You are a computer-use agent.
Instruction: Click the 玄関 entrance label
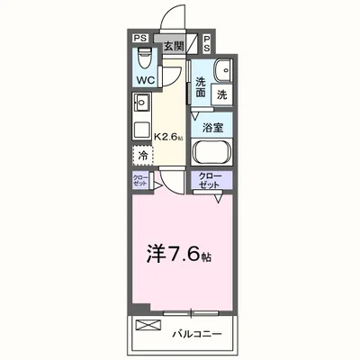(x=173, y=47)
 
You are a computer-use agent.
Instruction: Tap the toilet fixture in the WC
(x=145, y=58)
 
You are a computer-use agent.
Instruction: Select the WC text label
(x=146, y=80)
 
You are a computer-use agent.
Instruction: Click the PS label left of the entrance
(x=140, y=38)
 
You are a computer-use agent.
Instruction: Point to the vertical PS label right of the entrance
(x=207, y=44)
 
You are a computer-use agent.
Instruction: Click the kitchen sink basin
(x=141, y=103)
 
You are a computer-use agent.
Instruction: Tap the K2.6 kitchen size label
(x=168, y=137)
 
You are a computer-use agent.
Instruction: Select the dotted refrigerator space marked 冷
(x=143, y=156)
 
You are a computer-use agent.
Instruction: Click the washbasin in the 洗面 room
(x=223, y=71)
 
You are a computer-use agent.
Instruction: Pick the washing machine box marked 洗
(x=222, y=94)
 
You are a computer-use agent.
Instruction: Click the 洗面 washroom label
(x=201, y=87)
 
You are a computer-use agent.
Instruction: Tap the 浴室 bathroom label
(x=212, y=128)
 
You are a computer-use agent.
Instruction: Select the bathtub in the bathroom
(x=211, y=152)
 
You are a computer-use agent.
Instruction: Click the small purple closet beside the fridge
(x=140, y=180)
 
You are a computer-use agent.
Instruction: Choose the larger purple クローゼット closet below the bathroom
(x=211, y=181)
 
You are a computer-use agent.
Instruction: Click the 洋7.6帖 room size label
(x=179, y=255)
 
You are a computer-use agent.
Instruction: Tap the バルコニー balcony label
(x=197, y=334)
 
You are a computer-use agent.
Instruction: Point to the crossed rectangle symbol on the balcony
(x=148, y=325)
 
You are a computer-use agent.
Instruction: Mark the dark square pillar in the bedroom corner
(x=141, y=309)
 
